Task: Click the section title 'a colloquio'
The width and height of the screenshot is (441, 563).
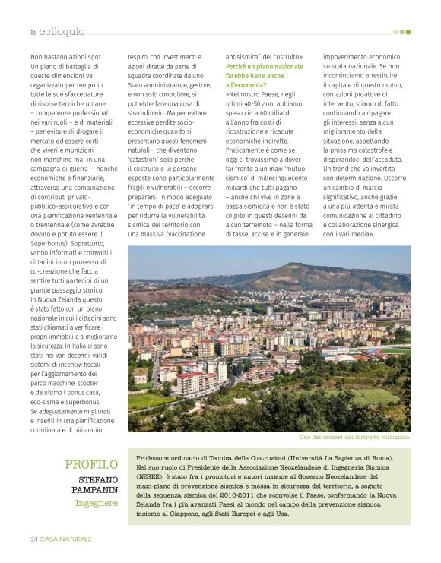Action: click(x=58, y=32)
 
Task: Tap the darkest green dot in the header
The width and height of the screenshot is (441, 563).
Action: click(x=408, y=32)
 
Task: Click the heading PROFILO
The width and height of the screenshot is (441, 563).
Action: click(x=90, y=464)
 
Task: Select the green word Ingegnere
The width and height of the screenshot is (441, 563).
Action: click(x=96, y=503)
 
